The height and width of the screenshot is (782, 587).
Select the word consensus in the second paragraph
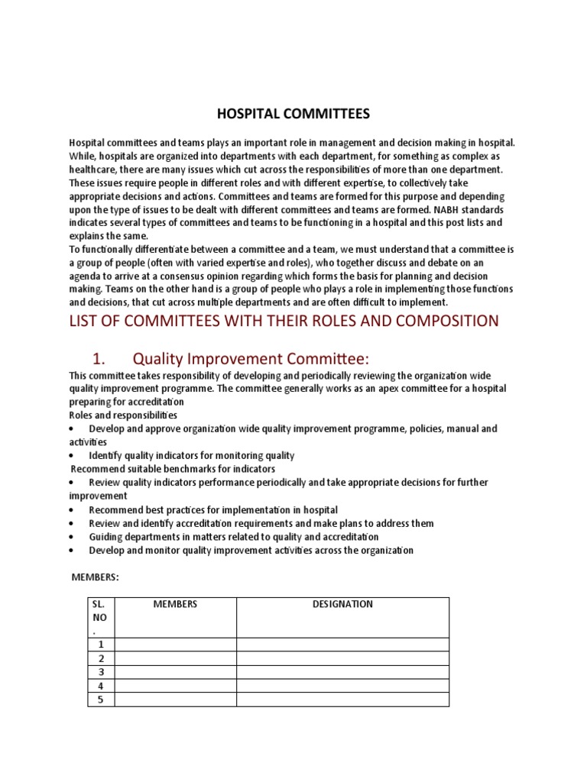(x=200, y=276)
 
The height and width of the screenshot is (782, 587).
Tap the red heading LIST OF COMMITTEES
(x=284, y=321)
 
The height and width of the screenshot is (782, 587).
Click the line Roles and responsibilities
(x=123, y=415)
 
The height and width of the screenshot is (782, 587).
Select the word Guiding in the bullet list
(x=105, y=537)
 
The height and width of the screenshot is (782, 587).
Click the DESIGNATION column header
(x=342, y=604)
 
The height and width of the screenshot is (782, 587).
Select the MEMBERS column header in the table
(x=175, y=604)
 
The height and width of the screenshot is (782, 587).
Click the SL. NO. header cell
(x=101, y=617)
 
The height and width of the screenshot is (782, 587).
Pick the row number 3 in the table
(x=101, y=671)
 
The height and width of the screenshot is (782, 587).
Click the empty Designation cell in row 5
(x=342, y=699)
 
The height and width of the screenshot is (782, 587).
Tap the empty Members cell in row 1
(x=175, y=645)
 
